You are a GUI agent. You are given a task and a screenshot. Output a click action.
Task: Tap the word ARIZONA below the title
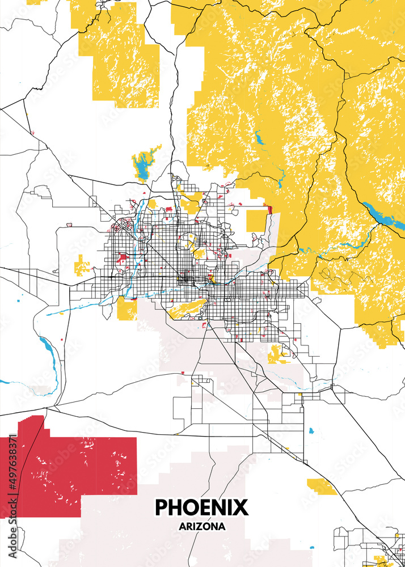tap(201, 526)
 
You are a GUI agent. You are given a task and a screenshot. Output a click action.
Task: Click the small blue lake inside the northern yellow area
tap(260, 138)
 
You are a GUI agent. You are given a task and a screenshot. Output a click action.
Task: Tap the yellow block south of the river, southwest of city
tap(126, 308)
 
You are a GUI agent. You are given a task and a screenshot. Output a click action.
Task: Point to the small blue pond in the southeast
tap(311, 431)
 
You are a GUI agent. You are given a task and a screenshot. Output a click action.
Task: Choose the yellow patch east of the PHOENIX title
tap(321, 485)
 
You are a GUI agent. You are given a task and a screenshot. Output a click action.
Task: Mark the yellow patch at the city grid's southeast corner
tap(277, 354)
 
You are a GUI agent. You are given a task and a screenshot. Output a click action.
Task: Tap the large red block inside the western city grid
tap(121, 258)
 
